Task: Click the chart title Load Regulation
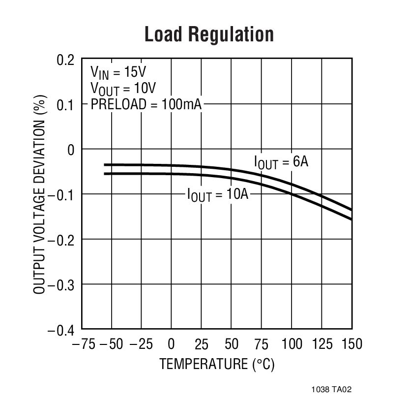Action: coord(209,35)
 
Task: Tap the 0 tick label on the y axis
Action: coord(71,150)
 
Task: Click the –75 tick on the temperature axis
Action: coord(84,343)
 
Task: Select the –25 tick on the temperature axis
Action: coord(141,343)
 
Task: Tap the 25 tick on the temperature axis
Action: coord(202,343)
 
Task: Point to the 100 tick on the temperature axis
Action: coord(292,343)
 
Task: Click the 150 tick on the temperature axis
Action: coord(352,343)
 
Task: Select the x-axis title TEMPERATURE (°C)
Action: coord(217,364)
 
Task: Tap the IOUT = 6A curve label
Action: coord(281,162)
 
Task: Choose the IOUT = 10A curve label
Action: coord(218,194)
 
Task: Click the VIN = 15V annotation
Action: coord(118,73)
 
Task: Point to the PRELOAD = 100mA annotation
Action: coord(146,104)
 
